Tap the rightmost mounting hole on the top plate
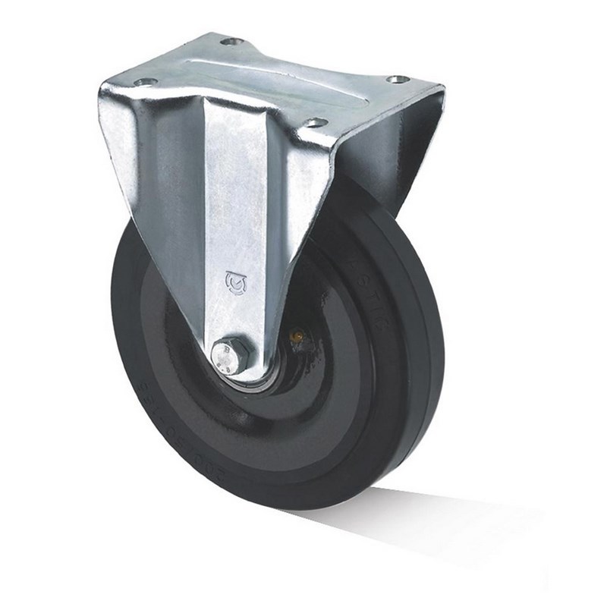click(x=397, y=79)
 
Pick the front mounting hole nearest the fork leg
click(x=313, y=122)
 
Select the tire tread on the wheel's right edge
click(x=432, y=341)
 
